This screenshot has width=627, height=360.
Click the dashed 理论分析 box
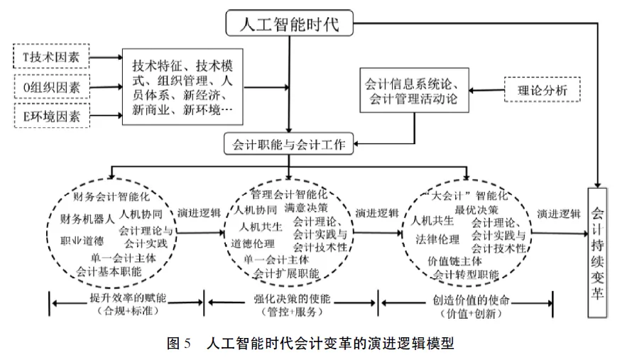point(542,89)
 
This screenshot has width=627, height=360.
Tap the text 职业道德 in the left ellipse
point(82,240)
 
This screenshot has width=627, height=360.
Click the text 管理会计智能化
point(289,193)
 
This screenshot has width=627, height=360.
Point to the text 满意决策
point(305,209)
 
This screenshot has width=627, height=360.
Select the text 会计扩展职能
point(286,273)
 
